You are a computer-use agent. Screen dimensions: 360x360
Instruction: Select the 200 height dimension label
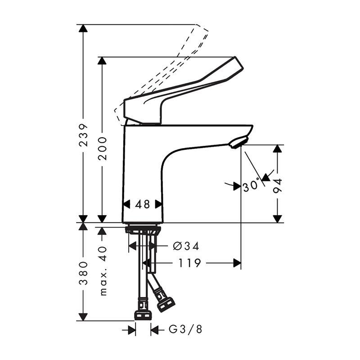(103, 148)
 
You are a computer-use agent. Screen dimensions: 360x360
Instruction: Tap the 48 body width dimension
(142, 204)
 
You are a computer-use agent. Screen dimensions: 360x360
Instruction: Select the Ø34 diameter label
(186, 246)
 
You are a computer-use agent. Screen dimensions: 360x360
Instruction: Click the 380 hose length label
(83, 274)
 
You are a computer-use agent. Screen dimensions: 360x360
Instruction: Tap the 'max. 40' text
(103, 270)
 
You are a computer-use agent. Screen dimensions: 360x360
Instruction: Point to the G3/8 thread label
(185, 330)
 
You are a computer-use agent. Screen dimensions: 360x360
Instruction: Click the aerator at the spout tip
(237, 143)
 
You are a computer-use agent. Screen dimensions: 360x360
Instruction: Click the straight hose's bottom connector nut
(143, 314)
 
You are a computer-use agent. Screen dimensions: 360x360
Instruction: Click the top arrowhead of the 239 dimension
(83, 28)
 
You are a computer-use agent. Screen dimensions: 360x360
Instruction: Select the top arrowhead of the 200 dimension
(103, 61)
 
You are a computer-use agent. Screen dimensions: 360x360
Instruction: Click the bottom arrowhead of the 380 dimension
(83, 317)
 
